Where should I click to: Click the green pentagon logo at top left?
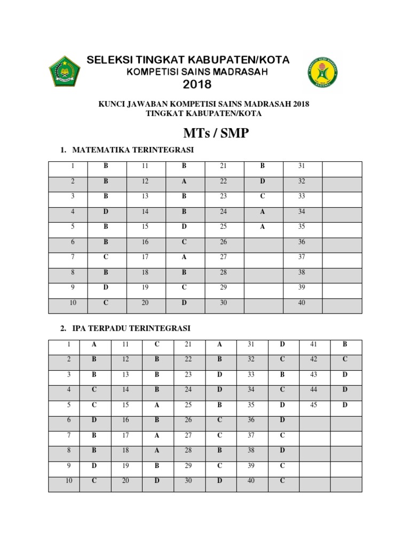[65, 71]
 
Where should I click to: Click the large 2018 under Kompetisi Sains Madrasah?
[197, 84]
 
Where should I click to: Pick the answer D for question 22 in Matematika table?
[262, 182]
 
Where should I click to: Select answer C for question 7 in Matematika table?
[106, 257]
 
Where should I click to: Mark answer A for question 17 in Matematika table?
[184, 257]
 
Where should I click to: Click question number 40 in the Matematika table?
[301, 303]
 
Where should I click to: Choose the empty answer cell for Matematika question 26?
[262, 242]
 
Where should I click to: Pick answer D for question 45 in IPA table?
[345, 405]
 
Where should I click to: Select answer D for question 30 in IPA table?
[219, 481]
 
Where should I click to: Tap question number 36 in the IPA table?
[251, 420]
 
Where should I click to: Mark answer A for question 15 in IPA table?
[157, 405]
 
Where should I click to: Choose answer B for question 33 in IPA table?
[282, 375]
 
